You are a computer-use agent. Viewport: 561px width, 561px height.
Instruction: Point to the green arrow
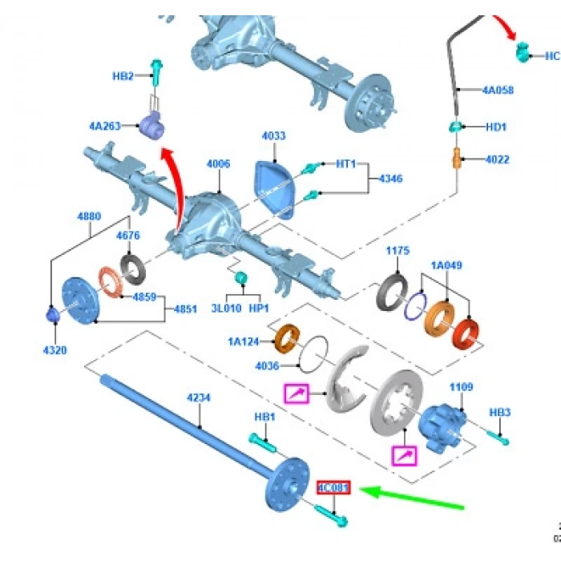(412, 498)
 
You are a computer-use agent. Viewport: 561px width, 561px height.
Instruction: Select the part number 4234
(199, 398)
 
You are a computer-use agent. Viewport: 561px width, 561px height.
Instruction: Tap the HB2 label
(123, 76)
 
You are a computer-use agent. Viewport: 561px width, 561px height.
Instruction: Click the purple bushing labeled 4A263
(152, 125)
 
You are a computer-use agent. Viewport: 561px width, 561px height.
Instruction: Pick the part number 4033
(273, 136)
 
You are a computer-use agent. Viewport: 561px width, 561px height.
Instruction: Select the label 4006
(218, 163)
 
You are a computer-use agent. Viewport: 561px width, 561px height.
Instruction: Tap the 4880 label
(89, 216)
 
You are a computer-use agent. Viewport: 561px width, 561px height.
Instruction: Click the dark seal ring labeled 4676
(131, 264)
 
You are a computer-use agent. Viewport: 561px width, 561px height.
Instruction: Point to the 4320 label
(54, 349)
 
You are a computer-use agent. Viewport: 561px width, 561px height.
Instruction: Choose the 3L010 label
(227, 308)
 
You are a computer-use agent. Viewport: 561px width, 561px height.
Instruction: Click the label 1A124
(242, 341)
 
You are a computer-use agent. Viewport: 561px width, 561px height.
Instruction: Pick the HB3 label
(500, 412)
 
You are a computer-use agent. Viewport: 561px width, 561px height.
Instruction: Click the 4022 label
(498, 159)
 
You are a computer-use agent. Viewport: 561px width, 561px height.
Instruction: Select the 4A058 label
(498, 91)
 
